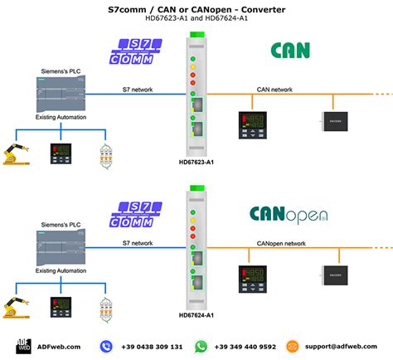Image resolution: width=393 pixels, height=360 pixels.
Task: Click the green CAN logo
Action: click(x=290, y=51)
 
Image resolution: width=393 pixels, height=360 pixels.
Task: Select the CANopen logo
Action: click(x=289, y=214)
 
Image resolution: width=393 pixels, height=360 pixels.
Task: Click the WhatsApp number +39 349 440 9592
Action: click(x=246, y=346)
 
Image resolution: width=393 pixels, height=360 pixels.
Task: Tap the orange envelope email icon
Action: click(x=292, y=346)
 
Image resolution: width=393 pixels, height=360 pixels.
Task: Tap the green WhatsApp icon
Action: click(x=200, y=346)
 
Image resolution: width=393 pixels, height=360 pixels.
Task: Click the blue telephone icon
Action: click(x=107, y=346)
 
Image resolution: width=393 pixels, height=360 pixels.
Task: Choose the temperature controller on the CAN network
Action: click(x=252, y=122)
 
